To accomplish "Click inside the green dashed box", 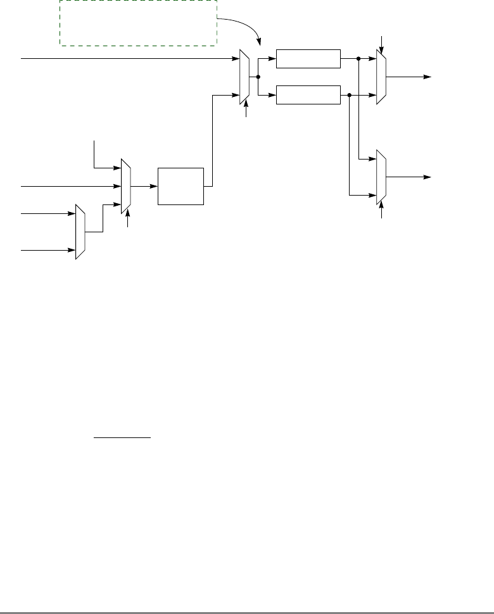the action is coord(138,23).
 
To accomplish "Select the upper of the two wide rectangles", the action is coord(308,59).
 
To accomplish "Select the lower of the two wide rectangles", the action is coord(308,95).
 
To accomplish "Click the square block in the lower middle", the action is coord(181,186).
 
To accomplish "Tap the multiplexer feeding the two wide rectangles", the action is coord(246,77).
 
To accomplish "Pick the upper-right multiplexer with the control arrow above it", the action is coord(381,77).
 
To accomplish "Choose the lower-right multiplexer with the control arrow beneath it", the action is coord(381,177).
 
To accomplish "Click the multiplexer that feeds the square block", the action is coord(125,186).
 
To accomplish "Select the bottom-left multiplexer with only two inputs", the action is coord(80,232).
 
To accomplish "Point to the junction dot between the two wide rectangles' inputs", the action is coord(259,77).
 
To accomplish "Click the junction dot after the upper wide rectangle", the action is coord(358,59).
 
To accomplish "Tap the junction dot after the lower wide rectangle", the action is coord(350,95).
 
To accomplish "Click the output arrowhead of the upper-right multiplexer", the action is coord(428,77).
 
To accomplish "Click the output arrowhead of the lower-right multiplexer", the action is coord(428,177).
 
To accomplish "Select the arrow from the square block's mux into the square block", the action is coord(151,186).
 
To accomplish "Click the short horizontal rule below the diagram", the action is coord(123,437).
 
